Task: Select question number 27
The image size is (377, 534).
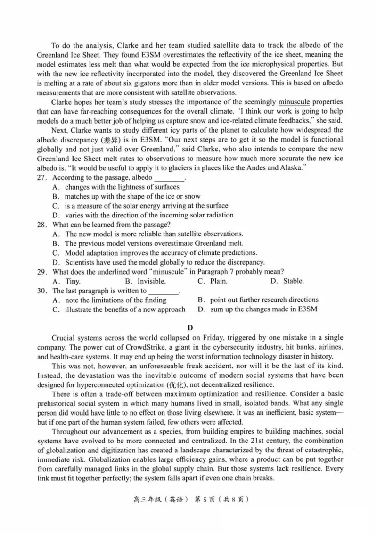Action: coord(43,178)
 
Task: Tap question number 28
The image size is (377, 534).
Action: coord(43,225)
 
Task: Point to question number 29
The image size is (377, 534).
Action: coord(43,271)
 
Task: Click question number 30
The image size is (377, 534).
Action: coord(43,290)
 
